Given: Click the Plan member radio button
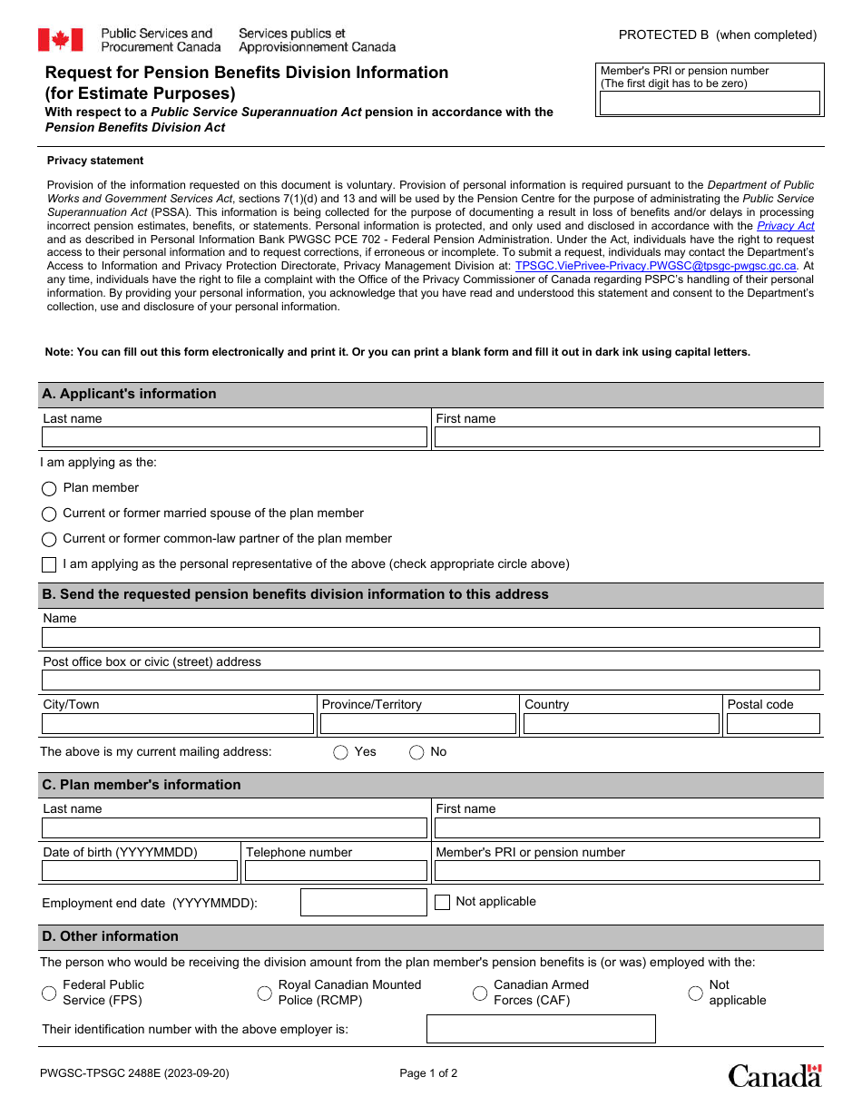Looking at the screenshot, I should (49, 488).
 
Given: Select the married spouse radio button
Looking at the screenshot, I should (49, 514).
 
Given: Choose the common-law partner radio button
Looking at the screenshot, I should (49, 539).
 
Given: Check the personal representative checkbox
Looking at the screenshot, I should (49, 564).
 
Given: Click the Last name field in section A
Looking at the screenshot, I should (234, 437).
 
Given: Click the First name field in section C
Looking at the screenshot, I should (626, 827).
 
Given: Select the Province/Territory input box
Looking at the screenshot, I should (418, 723).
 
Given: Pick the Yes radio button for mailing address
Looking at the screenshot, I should (341, 752).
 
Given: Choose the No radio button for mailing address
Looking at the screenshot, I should (416, 752).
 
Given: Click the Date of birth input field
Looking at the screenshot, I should (140, 871).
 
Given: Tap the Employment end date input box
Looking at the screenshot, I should (363, 902).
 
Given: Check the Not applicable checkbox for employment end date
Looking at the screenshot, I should (442, 902).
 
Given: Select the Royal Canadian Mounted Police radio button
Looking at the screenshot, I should (264, 994).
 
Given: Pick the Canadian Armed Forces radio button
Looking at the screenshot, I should (480, 994).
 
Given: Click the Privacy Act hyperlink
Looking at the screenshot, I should (785, 226).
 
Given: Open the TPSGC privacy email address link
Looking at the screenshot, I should (655, 266).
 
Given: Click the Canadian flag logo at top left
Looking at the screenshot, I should (60, 40).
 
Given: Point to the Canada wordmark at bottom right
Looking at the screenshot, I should (774, 1076).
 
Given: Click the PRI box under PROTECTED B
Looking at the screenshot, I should (710, 103).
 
